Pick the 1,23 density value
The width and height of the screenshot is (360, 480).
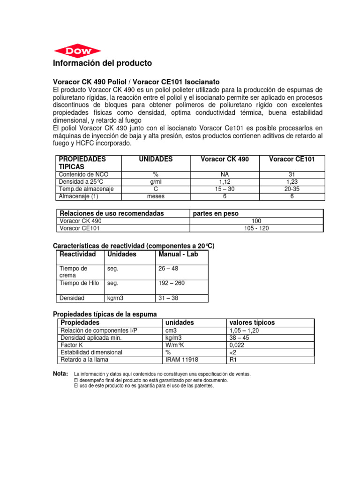(292, 181)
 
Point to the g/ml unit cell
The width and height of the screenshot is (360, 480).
(156, 181)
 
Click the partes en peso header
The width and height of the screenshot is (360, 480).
(216, 213)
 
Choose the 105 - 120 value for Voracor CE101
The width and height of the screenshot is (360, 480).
(256, 228)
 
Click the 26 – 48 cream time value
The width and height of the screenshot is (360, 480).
(169, 269)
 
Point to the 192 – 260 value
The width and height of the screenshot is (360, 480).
(172, 283)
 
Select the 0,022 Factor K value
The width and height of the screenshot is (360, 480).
(236, 345)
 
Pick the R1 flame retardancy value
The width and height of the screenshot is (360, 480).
(233, 360)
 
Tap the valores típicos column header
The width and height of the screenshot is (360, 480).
(251, 322)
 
